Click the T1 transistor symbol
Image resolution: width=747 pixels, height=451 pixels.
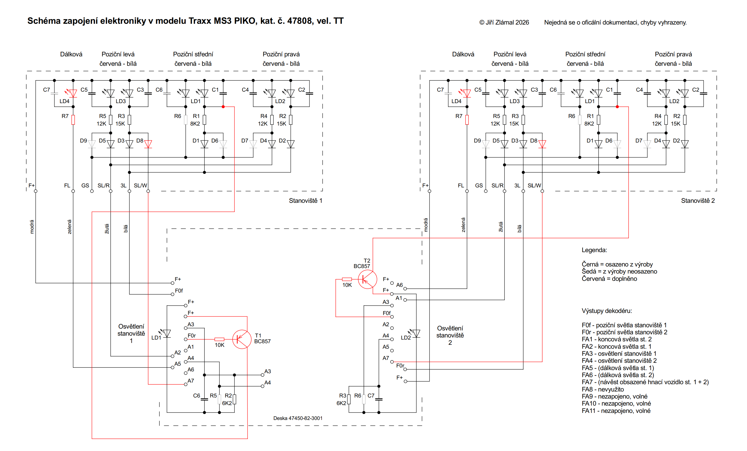(242, 339)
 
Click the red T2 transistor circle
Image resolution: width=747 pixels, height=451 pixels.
(368, 279)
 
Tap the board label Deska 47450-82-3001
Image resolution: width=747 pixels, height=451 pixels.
(298, 418)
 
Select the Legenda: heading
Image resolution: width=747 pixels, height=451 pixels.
(594, 250)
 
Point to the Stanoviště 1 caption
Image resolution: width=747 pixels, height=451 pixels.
(305, 201)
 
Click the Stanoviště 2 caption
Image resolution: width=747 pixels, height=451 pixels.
(698, 201)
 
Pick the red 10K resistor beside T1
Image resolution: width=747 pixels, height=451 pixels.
(219, 339)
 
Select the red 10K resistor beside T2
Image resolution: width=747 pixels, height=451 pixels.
(347, 279)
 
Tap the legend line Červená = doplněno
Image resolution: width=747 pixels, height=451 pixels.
(609, 279)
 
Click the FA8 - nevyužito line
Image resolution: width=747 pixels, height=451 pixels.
(603, 389)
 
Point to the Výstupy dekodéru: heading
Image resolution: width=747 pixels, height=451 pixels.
(607, 311)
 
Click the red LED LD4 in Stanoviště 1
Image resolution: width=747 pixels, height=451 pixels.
(72, 93)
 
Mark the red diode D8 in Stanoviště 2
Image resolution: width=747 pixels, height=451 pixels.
(542, 144)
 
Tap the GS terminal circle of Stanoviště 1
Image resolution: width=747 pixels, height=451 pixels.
(92, 191)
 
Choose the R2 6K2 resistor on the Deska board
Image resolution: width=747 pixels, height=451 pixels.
(234, 399)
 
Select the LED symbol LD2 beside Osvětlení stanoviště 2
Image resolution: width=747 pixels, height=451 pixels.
(416, 333)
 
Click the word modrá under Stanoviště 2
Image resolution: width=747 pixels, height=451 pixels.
(426, 225)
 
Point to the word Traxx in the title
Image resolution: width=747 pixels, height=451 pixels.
(200, 21)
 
